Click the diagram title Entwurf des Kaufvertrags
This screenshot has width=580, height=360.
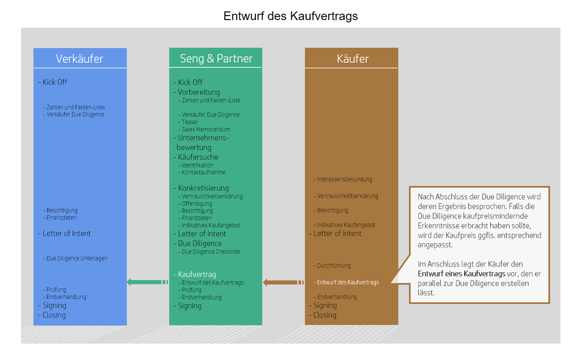pos(290,16)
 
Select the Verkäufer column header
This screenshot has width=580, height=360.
pos(80,59)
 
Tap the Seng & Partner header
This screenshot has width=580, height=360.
pos(216,59)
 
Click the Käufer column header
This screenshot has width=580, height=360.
pos(352,59)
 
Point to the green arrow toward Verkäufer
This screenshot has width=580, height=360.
pos(147,282)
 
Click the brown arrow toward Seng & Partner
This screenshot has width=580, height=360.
pos(283,282)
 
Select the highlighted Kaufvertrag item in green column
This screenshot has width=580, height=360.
pos(197,274)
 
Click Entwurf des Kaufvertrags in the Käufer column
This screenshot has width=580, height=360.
pos(348,282)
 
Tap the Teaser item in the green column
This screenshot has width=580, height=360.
pos(190,122)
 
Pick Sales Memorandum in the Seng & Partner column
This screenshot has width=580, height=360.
pos(206,129)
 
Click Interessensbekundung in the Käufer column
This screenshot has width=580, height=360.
pos(344,180)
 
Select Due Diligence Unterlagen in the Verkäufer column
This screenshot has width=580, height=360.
pos(77,259)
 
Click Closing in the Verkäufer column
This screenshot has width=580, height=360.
pos(54,315)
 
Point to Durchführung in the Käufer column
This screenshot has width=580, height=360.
pos(333,266)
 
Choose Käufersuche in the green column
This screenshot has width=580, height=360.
pos(198,157)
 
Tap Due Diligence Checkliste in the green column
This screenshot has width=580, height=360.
pos(211,252)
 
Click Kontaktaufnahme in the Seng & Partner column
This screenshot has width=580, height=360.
pos(204,173)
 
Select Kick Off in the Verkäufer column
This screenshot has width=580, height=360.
pos(55,82)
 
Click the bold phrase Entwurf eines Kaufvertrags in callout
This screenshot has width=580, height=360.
pos(462,274)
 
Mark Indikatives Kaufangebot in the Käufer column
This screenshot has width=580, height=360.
pos(346,225)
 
